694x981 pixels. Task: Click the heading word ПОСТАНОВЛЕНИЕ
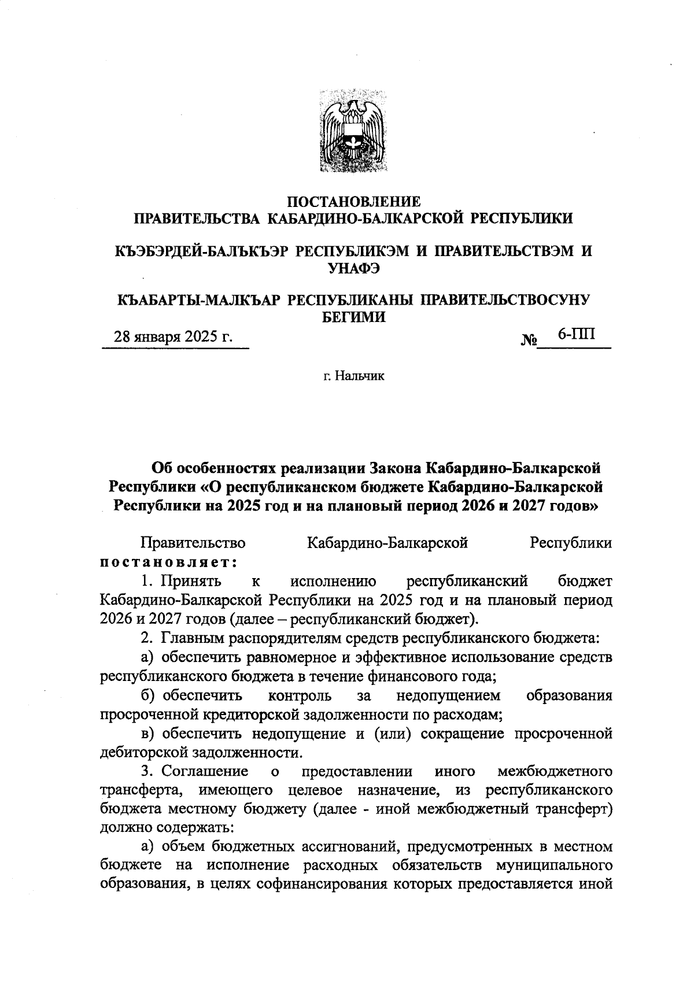click(354, 202)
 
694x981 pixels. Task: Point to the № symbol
click(529, 340)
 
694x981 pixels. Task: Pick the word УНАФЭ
click(354, 268)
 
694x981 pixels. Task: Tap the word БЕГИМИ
click(353, 317)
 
